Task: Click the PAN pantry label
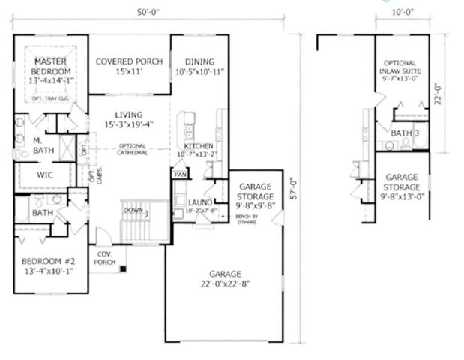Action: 180,174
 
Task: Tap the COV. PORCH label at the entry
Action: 103,258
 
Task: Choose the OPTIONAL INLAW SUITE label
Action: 402,70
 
